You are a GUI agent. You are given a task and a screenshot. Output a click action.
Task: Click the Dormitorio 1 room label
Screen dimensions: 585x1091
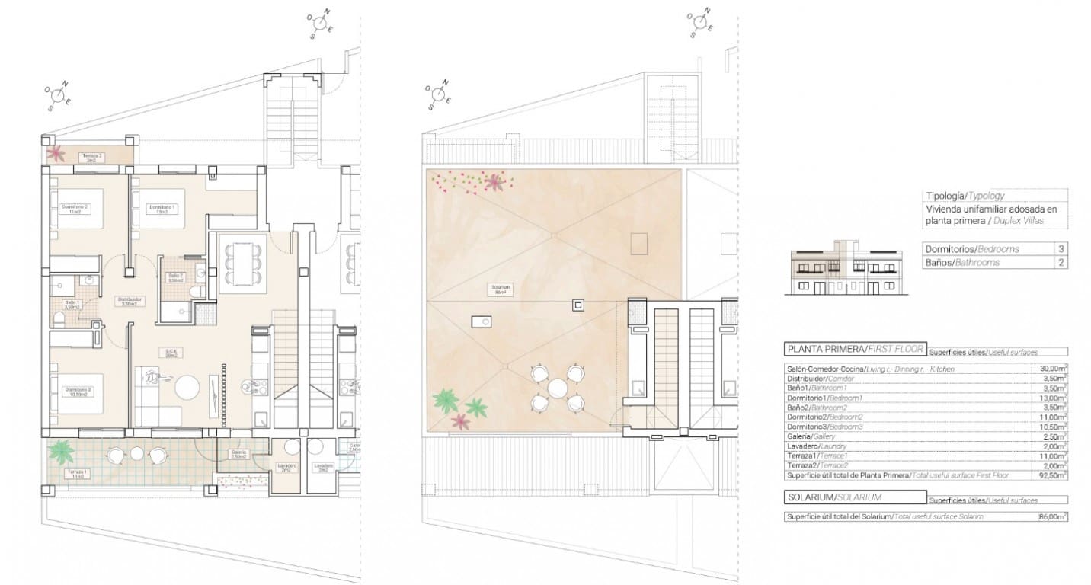tap(162, 209)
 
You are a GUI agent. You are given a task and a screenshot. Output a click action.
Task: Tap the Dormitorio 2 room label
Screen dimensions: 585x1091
tap(77, 209)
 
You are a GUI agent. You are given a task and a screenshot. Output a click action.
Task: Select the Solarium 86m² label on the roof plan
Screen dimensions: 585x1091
tap(501, 289)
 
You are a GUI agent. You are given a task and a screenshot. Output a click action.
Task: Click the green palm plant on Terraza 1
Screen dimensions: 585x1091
tap(59, 451)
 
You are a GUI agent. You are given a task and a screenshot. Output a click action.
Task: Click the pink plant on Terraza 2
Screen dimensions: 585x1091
tap(56, 153)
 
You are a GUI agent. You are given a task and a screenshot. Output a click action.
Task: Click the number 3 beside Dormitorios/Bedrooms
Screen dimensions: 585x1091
tap(1061, 249)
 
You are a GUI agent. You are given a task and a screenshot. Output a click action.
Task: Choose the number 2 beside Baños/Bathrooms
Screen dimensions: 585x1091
tap(1061, 263)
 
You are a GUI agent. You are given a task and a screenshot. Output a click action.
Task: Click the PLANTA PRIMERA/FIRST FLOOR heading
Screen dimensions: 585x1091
tap(854, 350)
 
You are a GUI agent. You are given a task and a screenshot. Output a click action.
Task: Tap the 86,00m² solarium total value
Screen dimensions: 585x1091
tap(1053, 517)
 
